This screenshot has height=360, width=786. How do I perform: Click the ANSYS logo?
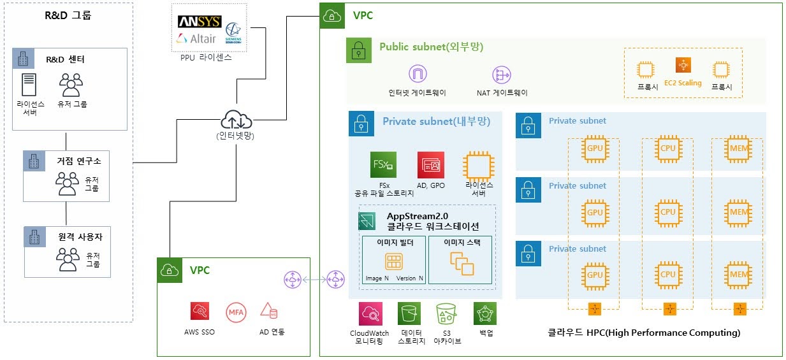click(x=200, y=22)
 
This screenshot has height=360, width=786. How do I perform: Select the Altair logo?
click(x=196, y=39)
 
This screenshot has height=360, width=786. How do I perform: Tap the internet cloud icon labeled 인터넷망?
click(x=237, y=119)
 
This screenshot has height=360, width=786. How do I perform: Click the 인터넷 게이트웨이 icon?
click(x=418, y=75)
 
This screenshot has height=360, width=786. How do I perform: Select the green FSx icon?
click(x=382, y=165)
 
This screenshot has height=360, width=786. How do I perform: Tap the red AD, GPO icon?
click(x=431, y=165)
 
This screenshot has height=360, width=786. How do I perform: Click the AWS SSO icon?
click(x=200, y=311)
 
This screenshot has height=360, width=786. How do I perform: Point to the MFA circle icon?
click(x=235, y=312)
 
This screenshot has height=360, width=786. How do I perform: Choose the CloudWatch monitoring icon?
click(x=370, y=314)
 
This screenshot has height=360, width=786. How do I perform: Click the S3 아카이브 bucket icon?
click(x=446, y=314)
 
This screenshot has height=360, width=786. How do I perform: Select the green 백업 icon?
click(x=484, y=314)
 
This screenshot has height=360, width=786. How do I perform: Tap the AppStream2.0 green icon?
click(x=368, y=222)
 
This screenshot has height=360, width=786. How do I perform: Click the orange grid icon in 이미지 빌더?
click(x=393, y=261)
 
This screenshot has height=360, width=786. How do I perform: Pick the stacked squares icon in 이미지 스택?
click(x=459, y=261)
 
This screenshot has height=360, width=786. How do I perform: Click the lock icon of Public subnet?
click(x=359, y=50)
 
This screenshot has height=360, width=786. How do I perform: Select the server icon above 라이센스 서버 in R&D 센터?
click(x=29, y=85)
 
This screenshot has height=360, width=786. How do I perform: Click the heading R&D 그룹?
click(x=68, y=15)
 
